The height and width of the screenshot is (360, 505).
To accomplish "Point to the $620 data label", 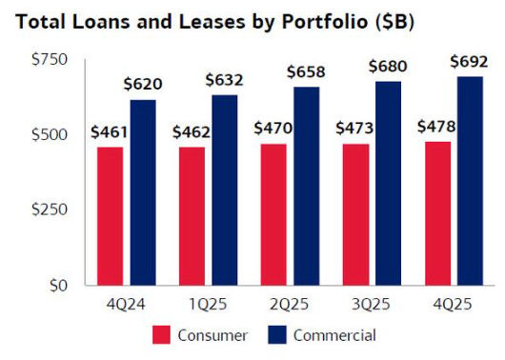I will click(x=143, y=84).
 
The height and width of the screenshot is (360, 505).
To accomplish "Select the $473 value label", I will click(x=356, y=127).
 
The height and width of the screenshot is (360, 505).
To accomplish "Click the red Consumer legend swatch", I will click(x=163, y=335).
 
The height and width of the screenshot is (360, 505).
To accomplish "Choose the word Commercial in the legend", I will click(x=334, y=335).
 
